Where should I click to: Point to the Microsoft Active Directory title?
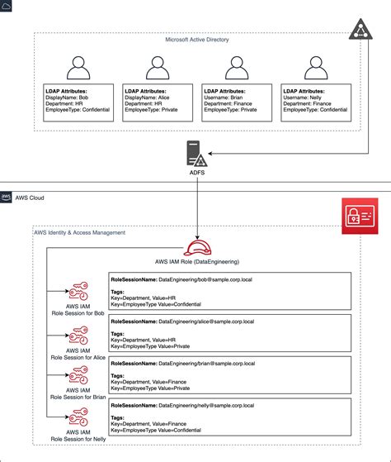point(196,39)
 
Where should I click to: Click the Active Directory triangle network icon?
point(368,29)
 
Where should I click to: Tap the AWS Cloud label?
point(31,198)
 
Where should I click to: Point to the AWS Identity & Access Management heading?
point(79,233)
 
